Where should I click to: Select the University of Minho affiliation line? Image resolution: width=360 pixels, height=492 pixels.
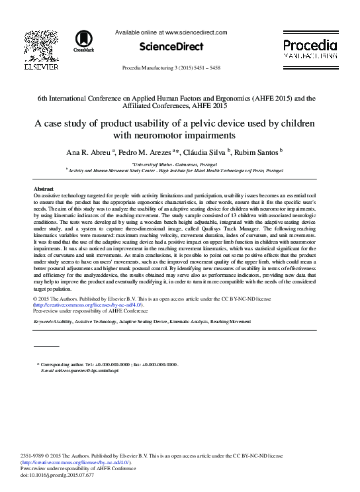(179, 163)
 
